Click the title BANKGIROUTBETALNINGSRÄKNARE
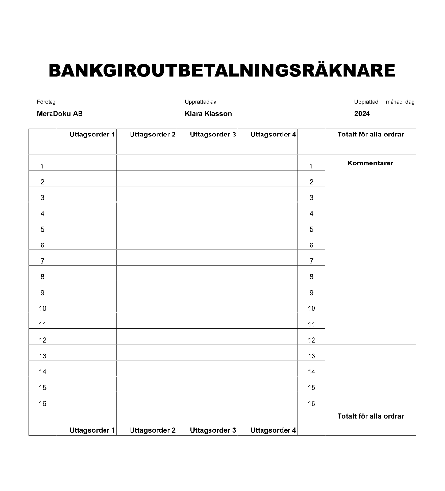click(x=222, y=71)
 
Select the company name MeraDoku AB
click(x=60, y=114)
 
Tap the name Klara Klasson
click(x=208, y=114)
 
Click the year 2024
click(x=362, y=114)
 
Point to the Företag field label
click(x=46, y=102)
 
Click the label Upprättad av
click(x=201, y=102)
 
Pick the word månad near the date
click(x=394, y=102)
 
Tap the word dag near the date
click(x=410, y=102)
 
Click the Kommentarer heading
click(x=370, y=163)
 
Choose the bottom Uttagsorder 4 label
click(x=273, y=430)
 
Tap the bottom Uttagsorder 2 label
click(x=153, y=430)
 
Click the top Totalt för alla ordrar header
click(x=370, y=135)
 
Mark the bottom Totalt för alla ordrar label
click(x=370, y=416)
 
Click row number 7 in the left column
click(x=42, y=261)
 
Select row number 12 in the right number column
click(x=311, y=340)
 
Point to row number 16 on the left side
click(x=42, y=403)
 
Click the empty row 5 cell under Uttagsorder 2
click(x=147, y=226)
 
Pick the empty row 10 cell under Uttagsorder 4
click(x=267, y=305)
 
